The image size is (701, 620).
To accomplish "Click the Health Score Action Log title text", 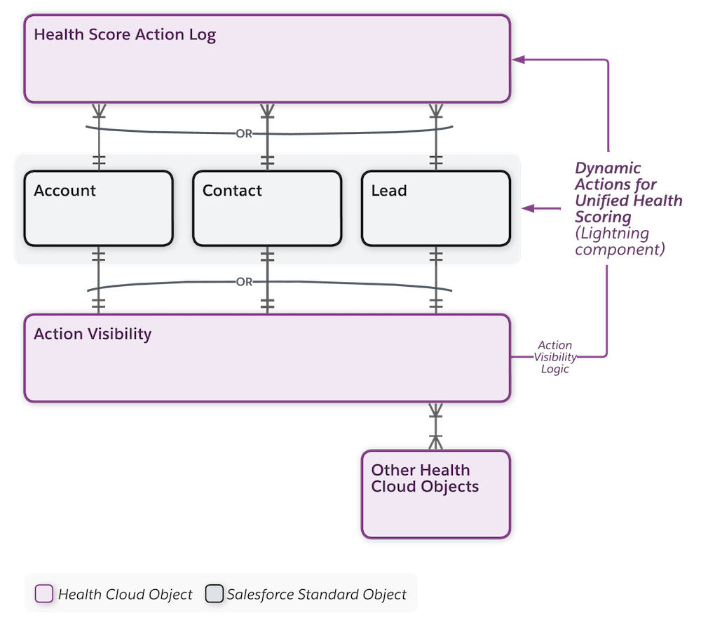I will pos(125,34).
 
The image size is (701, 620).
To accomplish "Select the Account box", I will pos(98,208).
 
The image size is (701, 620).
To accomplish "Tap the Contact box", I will pos(266,208).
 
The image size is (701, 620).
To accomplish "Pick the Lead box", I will pos(435,208).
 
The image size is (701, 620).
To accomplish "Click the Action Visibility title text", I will pos(93,334).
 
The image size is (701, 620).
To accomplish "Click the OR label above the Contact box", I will pos(244,134).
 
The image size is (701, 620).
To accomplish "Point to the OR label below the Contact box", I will pos(244,282).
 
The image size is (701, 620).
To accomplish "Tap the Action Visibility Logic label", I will pos(554,357).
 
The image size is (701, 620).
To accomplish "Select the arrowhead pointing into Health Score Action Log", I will pos(518,60).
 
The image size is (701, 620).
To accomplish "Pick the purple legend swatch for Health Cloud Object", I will pos(43,594).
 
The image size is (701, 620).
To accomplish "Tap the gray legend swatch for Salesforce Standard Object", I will pos(214,594).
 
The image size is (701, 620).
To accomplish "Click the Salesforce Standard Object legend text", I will pos(316,594).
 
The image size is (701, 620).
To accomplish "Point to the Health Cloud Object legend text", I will pos(125,594).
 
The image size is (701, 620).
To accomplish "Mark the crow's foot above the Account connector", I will pos(98,112).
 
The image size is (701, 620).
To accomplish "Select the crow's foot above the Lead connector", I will pos(435,112).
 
